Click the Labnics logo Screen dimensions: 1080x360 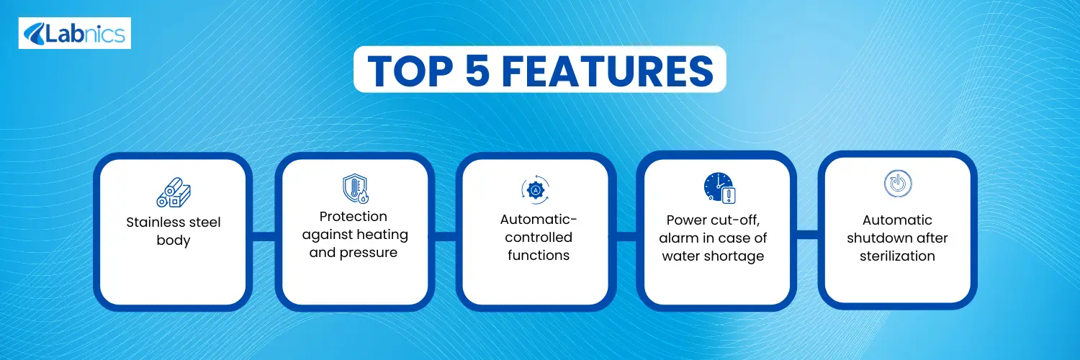point(75,33)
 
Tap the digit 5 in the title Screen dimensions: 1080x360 point(478,71)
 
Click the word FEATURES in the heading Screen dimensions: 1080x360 point(608,71)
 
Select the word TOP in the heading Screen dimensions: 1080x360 point(410,71)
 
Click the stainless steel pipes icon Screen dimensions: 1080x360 point(174,192)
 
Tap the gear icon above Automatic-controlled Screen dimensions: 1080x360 point(535,190)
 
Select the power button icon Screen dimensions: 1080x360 point(898,183)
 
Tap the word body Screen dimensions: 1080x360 point(174,240)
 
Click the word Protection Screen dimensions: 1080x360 point(354,217)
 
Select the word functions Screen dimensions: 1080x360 point(539,255)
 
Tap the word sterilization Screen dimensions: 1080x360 point(897,256)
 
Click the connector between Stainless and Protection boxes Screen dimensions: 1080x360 point(264,236)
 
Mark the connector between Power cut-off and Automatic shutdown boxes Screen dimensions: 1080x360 point(808,235)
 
